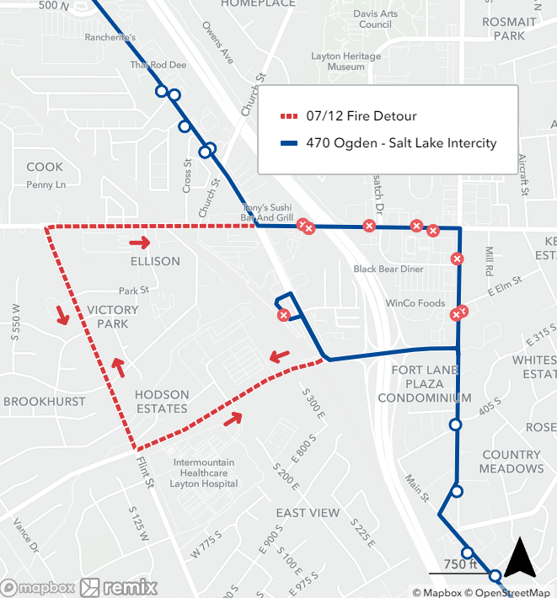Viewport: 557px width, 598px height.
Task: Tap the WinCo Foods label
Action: [x=415, y=303]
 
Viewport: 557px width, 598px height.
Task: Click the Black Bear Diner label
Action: [x=388, y=270]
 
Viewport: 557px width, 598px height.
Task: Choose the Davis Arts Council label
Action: [x=375, y=19]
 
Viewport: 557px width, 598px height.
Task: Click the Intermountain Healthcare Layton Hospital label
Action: [x=206, y=473]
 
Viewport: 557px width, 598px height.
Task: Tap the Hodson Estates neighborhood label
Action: [x=161, y=402]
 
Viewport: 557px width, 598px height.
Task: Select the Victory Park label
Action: [x=113, y=317]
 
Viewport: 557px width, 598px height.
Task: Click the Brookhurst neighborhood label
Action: [x=45, y=402]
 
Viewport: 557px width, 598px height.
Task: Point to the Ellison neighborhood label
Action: [x=155, y=261]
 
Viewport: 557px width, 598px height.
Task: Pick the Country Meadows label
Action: [x=511, y=462]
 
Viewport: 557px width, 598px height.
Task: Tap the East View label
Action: [x=308, y=513]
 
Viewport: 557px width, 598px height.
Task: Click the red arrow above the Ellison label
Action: [x=140, y=243]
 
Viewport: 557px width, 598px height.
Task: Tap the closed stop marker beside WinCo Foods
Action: [x=458, y=313]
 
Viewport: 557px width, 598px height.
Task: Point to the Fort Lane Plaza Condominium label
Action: [x=424, y=384]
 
